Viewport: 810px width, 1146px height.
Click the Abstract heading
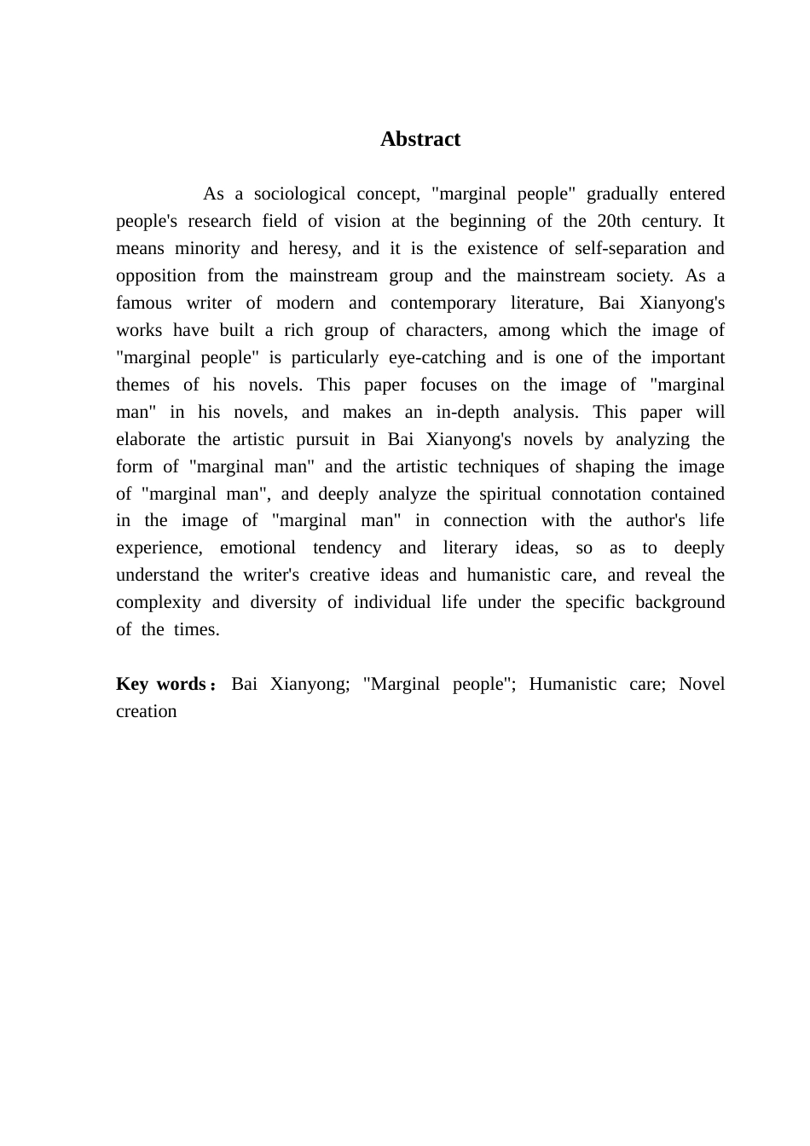pyautogui.click(x=420, y=140)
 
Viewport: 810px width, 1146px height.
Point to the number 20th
pyautogui.click(x=614, y=222)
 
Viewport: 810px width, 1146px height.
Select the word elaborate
pyautogui.click(x=150, y=440)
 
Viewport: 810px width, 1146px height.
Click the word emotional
pyautogui.click(x=257, y=548)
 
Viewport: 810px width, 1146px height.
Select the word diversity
pyautogui.click(x=283, y=603)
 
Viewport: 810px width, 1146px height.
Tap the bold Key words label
pyautogui.click(x=161, y=685)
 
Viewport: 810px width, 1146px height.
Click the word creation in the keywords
pyautogui.click(x=147, y=712)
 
